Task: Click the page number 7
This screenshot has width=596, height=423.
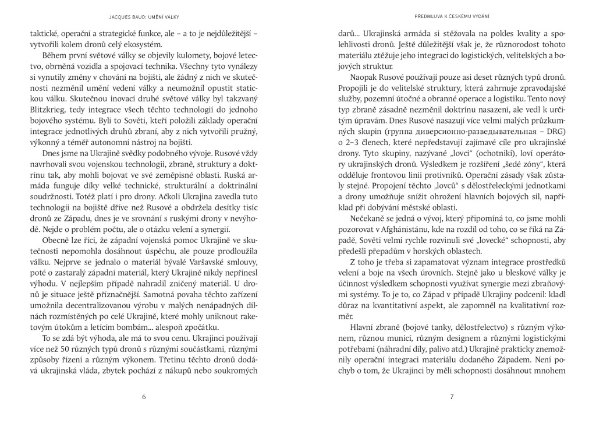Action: (x=452, y=398)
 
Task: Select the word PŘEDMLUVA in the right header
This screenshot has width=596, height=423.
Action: (x=430, y=16)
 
